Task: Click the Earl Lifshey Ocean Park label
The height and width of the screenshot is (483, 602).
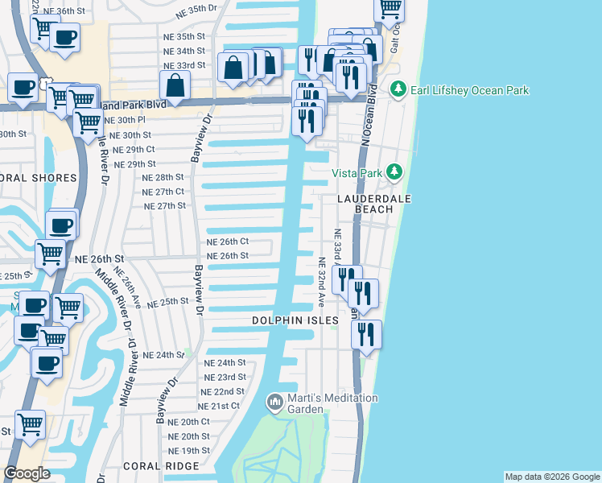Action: click(x=470, y=90)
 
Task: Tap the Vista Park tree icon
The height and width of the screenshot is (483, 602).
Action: click(x=394, y=171)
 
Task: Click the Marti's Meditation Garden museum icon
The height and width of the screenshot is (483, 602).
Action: click(x=274, y=401)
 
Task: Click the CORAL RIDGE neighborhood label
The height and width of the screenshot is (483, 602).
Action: click(x=161, y=466)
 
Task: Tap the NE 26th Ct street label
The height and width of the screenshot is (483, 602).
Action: click(x=228, y=242)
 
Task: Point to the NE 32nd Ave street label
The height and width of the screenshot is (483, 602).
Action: click(x=320, y=282)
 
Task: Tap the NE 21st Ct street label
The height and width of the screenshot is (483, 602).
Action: click(x=219, y=407)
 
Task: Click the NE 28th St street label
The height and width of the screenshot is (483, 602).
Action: click(x=163, y=177)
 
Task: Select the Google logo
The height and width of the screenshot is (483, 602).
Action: click(x=27, y=473)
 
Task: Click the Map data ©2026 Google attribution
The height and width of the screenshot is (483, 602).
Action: click(x=552, y=477)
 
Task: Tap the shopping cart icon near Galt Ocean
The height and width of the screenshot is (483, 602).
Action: click(x=390, y=8)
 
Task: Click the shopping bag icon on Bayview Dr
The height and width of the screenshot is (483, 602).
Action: click(x=175, y=85)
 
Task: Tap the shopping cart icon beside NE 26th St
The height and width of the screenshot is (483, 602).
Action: click(x=51, y=254)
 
